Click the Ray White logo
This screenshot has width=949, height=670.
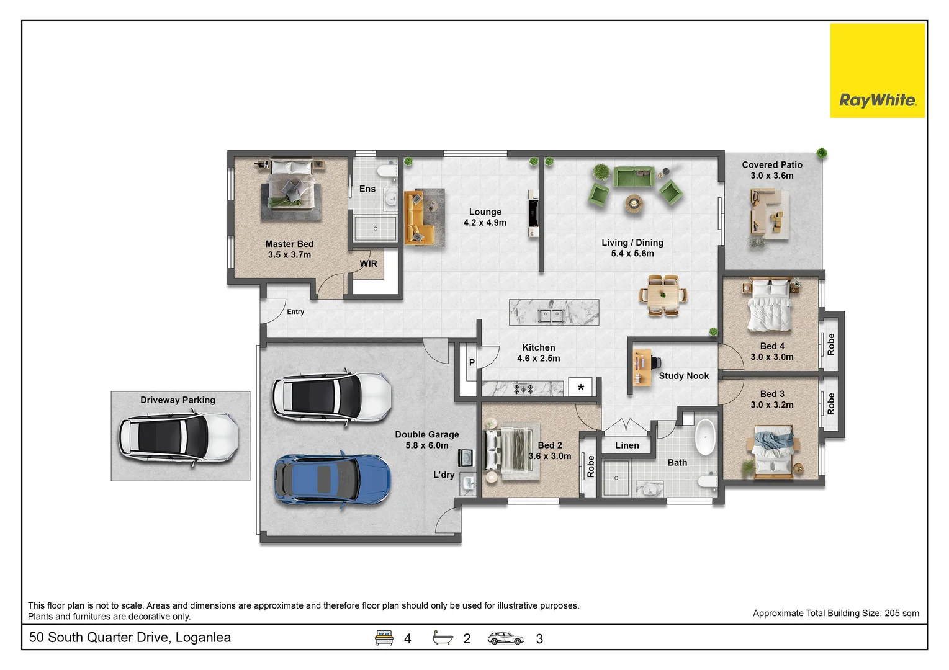tap(877, 70)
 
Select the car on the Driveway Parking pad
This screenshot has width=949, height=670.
tap(178, 437)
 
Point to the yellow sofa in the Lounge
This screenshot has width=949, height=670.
tap(419, 218)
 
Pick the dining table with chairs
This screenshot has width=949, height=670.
tap(663, 295)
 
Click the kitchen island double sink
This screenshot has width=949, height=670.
tap(551, 315)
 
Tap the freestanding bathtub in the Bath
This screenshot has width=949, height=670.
tap(706, 437)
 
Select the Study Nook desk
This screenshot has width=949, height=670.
tap(642, 367)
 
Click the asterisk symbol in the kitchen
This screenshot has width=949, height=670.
tap(581, 387)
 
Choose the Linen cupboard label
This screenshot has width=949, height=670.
tap(627, 445)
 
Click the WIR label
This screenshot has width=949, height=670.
tap(368, 264)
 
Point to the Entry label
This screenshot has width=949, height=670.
tap(295, 311)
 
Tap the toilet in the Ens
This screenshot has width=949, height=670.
tap(387, 171)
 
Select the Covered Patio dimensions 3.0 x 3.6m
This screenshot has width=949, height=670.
tap(772, 176)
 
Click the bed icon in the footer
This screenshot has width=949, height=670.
tap(384, 638)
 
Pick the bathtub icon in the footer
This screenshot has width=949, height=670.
tap(443, 637)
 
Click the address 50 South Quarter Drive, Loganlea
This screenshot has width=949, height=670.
tap(130, 637)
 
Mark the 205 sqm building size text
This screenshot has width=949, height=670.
tap(902, 614)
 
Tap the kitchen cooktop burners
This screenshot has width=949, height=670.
tap(523, 389)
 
